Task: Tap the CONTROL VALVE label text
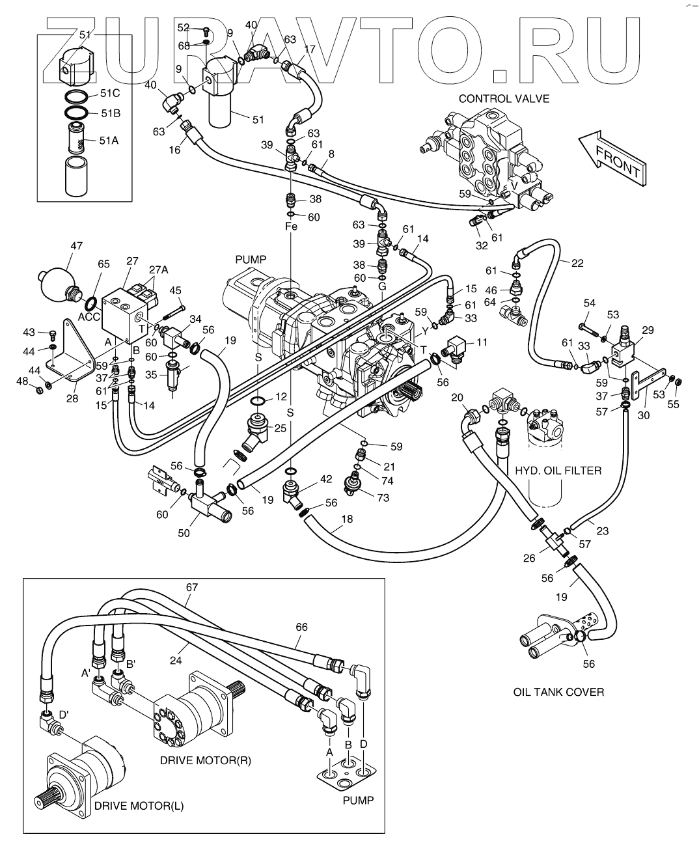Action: click(504, 99)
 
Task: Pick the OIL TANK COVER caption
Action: click(558, 692)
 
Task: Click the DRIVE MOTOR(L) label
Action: click(139, 806)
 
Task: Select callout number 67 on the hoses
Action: click(191, 586)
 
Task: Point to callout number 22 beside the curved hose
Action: click(578, 263)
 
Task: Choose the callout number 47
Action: click(76, 246)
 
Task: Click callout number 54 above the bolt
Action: click(590, 303)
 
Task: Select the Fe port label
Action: click(291, 227)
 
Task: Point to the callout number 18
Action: click(346, 519)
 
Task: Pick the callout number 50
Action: click(184, 533)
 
